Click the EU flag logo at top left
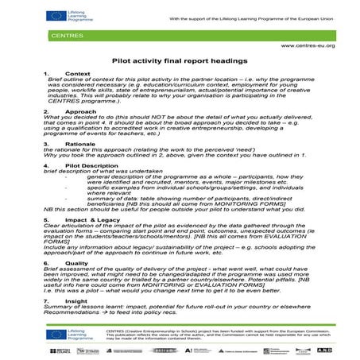(x=58, y=14)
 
